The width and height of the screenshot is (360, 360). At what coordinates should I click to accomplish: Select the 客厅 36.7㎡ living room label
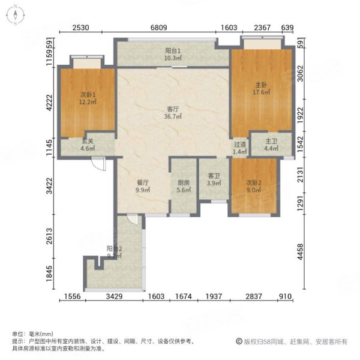174,113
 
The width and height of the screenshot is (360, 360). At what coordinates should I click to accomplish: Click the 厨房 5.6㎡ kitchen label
183,187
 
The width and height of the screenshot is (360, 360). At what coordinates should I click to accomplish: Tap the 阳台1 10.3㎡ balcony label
173,55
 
